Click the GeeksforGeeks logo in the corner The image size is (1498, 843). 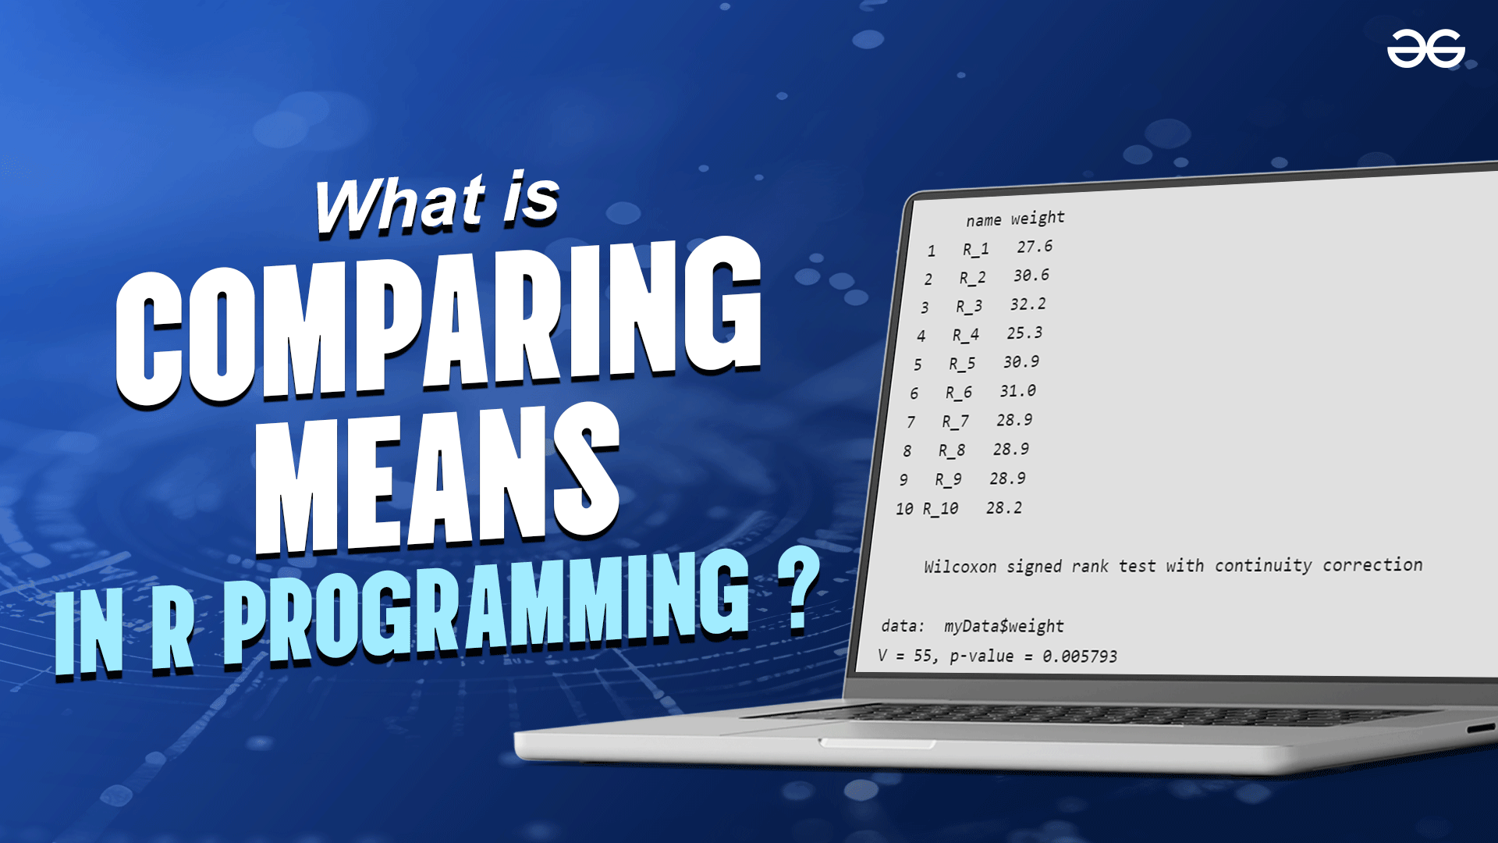pos(1425,48)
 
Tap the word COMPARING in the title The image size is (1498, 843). pos(439,322)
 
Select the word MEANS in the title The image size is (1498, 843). pos(438,478)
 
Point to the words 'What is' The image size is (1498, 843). pos(437,203)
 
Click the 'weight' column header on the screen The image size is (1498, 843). pos(1038,218)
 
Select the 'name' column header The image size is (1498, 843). pos(983,221)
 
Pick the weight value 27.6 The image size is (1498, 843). pos(1035,247)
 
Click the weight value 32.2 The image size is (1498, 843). pos(1028,304)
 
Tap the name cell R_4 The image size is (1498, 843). pos(966,335)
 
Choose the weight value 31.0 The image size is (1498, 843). pos(1018,391)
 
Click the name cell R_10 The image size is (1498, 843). pos(941,509)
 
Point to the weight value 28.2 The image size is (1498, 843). pos(1004,508)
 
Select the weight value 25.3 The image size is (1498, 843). pos(1024,333)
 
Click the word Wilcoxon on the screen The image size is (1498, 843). pos(960,567)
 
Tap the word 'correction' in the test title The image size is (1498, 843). pos(1372,564)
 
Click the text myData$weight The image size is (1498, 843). pos(1004,626)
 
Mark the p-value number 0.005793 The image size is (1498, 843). pos(1080,656)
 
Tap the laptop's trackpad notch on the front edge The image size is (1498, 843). pos(877,743)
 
